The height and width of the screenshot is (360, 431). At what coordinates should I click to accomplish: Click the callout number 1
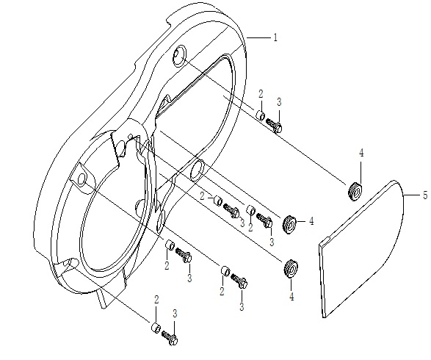click(275, 37)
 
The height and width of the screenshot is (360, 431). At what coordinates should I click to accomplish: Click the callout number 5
click(425, 195)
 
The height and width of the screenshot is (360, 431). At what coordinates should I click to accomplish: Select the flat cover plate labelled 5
click(361, 248)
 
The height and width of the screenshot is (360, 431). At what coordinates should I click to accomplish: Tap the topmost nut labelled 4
click(355, 191)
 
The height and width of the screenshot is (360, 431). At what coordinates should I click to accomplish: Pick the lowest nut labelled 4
click(290, 268)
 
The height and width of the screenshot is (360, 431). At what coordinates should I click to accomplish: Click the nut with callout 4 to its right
click(289, 224)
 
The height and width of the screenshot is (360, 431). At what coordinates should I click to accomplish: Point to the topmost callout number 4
click(361, 154)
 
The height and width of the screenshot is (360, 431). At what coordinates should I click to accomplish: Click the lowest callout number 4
click(291, 296)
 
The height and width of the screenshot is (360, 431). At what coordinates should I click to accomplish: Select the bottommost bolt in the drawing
click(170, 338)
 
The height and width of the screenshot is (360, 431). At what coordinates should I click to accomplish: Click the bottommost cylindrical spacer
click(156, 327)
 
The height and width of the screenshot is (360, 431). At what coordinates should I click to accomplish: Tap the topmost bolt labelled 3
click(274, 125)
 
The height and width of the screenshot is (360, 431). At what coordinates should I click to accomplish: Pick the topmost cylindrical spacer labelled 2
click(261, 115)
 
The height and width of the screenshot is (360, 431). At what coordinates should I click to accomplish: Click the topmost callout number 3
click(279, 102)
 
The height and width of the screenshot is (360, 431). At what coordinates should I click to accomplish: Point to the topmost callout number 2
click(261, 94)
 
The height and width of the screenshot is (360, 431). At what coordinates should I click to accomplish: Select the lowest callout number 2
click(156, 300)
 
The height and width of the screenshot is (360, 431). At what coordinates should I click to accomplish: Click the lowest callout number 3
click(175, 313)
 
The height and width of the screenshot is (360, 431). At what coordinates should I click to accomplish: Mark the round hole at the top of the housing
click(179, 56)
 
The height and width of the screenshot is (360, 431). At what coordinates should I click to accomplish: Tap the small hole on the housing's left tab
click(82, 179)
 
